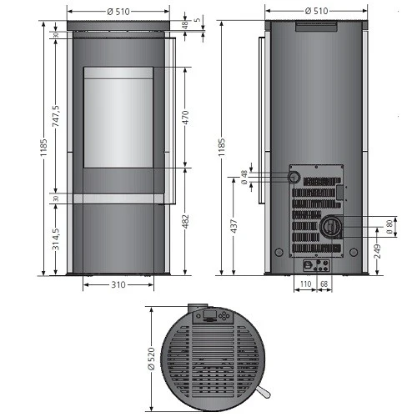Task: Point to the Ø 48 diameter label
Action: (244, 178)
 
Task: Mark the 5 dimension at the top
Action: (198, 18)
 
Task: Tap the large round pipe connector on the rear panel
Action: (330, 225)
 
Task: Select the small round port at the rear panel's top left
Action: (294, 178)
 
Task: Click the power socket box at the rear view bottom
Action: (316, 266)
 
